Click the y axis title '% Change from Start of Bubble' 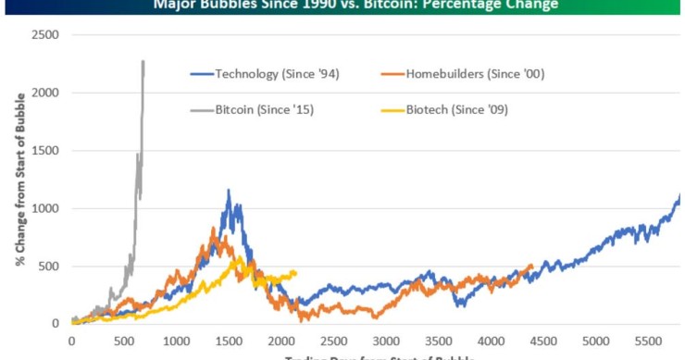pyautogui.click(x=19, y=180)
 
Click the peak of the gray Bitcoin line pyautogui.click(x=143, y=62)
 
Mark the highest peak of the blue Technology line pyautogui.click(x=229, y=191)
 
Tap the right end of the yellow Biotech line pyautogui.click(x=295, y=272)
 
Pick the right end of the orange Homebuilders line pyautogui.click(x=531, y=267)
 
